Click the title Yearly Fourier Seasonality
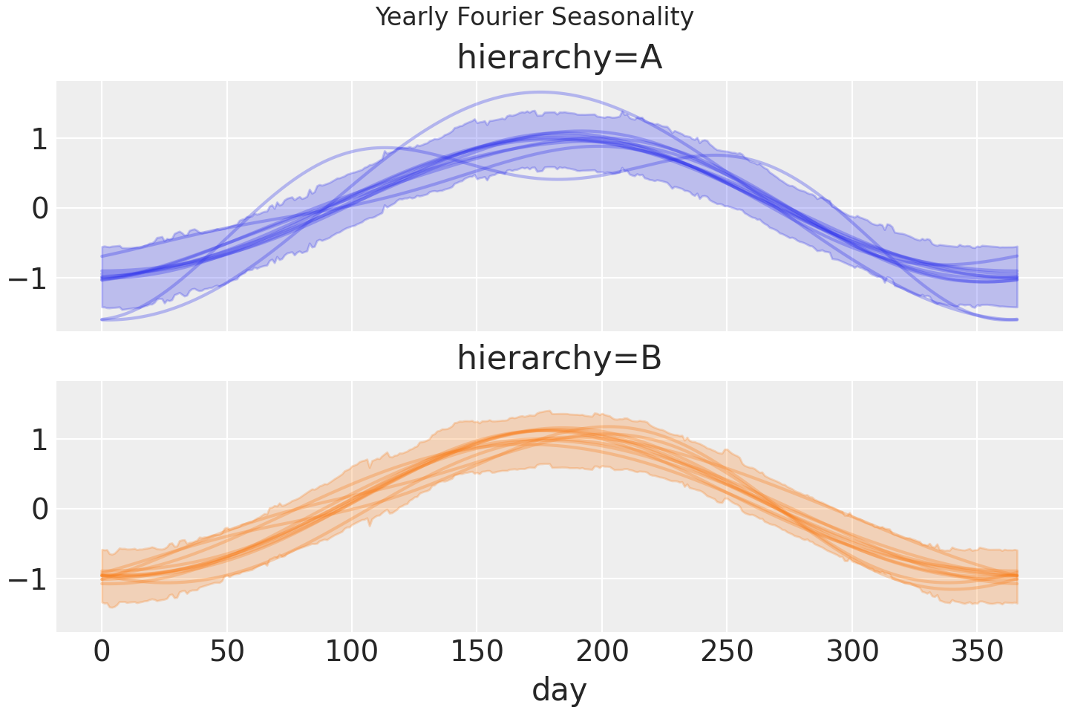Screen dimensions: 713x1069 [x=534, y=16]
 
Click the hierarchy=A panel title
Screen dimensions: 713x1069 [x=559, y=58]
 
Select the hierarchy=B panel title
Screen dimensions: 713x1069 [x=559, y=359]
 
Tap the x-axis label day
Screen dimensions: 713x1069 [x=559, y=689]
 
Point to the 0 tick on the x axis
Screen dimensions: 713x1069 [x=102, y=652]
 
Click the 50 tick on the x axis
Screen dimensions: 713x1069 [x=226, y=652]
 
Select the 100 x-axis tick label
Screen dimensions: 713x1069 [x=352, y=652]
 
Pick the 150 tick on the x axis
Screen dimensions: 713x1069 [x=477, y=652]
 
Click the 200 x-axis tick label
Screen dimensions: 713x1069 [x=602, y=652]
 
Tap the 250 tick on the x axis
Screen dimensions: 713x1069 [x=727, y=652]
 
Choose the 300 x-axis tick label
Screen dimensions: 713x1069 [x=852, y=652]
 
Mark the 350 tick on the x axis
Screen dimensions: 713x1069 [x=977, y=652]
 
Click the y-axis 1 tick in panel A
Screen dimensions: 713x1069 [x=39, y=139]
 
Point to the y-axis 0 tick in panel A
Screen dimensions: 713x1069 [x=39, y=208]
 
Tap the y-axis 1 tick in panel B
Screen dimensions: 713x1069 [x=39, y=440]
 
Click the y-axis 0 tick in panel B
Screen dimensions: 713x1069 [x=39, y=509]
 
